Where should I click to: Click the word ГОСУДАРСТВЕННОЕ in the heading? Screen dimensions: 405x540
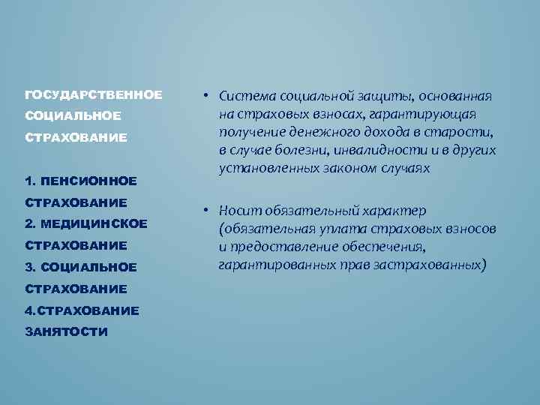pos(93,95)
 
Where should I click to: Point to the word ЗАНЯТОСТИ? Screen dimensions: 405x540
pos(66,331)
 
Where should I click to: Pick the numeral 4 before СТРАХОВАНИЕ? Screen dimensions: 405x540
pos(28,310)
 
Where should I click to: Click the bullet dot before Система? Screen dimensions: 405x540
pos(203,96)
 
